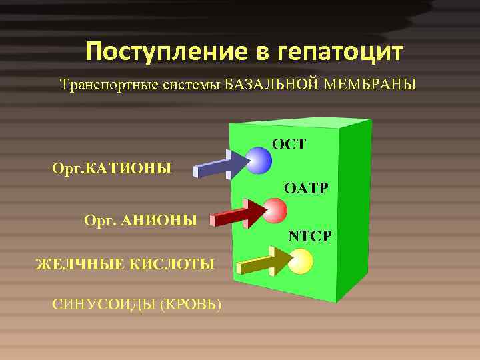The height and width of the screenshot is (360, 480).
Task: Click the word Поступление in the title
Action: pyautogui.click(x=163, y=52)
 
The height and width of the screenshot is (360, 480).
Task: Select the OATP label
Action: pyautogui.click(x=305, y=189)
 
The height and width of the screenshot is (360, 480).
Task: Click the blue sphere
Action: pyautogui.click(x=258, y=160)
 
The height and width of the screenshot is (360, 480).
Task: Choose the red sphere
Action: pyautogui.click(x=275, y=210)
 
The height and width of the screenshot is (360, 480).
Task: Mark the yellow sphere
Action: pyautogui.click(x=301, y=261)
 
